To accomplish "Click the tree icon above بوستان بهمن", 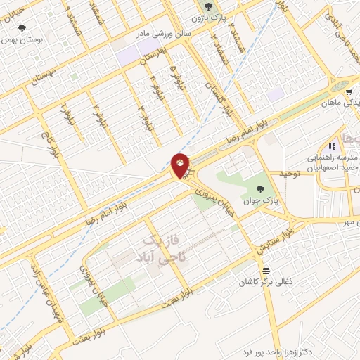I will (23, 29).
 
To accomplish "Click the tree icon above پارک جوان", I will (261, 188).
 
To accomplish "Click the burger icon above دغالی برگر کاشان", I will (266, 271).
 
